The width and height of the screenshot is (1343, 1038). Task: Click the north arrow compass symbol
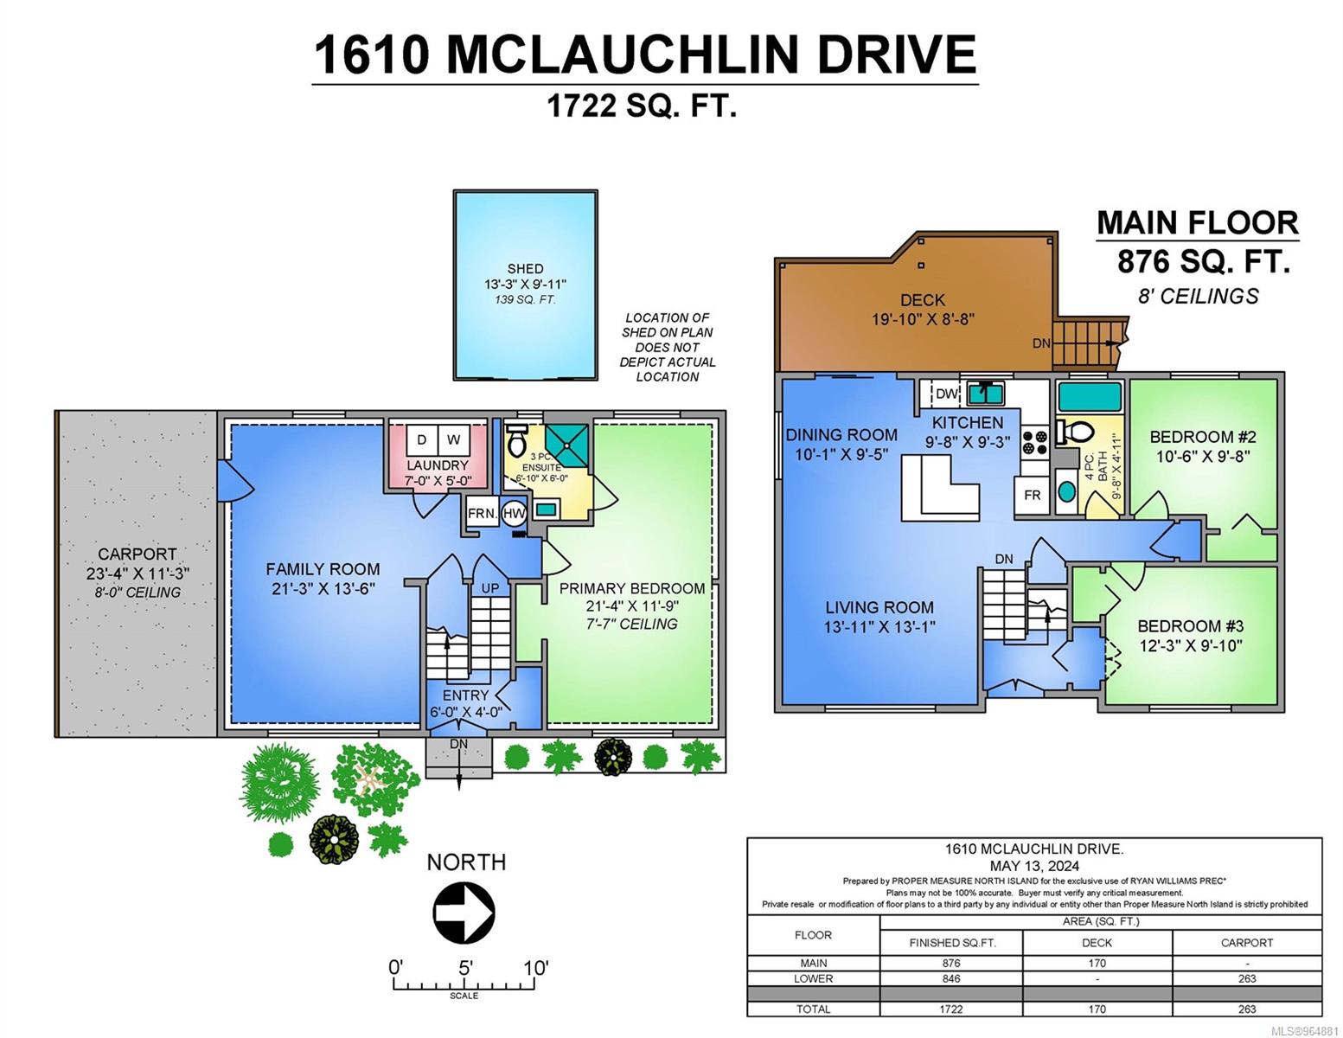[464, 913]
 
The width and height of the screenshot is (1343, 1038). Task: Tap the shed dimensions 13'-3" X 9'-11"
[525, 285]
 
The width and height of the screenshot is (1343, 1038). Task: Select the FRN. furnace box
[482, 512]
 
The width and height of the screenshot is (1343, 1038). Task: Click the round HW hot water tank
[514, 512]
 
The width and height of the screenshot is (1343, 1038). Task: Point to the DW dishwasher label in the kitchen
[946, 394]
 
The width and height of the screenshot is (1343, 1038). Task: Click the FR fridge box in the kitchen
[1032, 495]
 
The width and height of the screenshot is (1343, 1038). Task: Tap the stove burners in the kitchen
[1034, 441]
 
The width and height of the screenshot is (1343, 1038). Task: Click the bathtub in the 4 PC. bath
[1090, 396]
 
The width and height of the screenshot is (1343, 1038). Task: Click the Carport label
[137, 554]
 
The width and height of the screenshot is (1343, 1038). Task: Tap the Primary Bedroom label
[631, 588]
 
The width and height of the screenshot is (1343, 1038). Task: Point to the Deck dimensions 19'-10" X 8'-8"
[923, 319]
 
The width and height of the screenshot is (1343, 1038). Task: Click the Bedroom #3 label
[1190, 625]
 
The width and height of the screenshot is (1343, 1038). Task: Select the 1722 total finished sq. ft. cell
[951, 1009]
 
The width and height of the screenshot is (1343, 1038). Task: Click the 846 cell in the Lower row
[951, 978]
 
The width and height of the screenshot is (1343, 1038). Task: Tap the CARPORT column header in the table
[1247, 943]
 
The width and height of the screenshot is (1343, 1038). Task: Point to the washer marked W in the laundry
[454, 439]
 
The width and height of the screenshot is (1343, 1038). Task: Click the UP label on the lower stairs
[490, 588]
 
